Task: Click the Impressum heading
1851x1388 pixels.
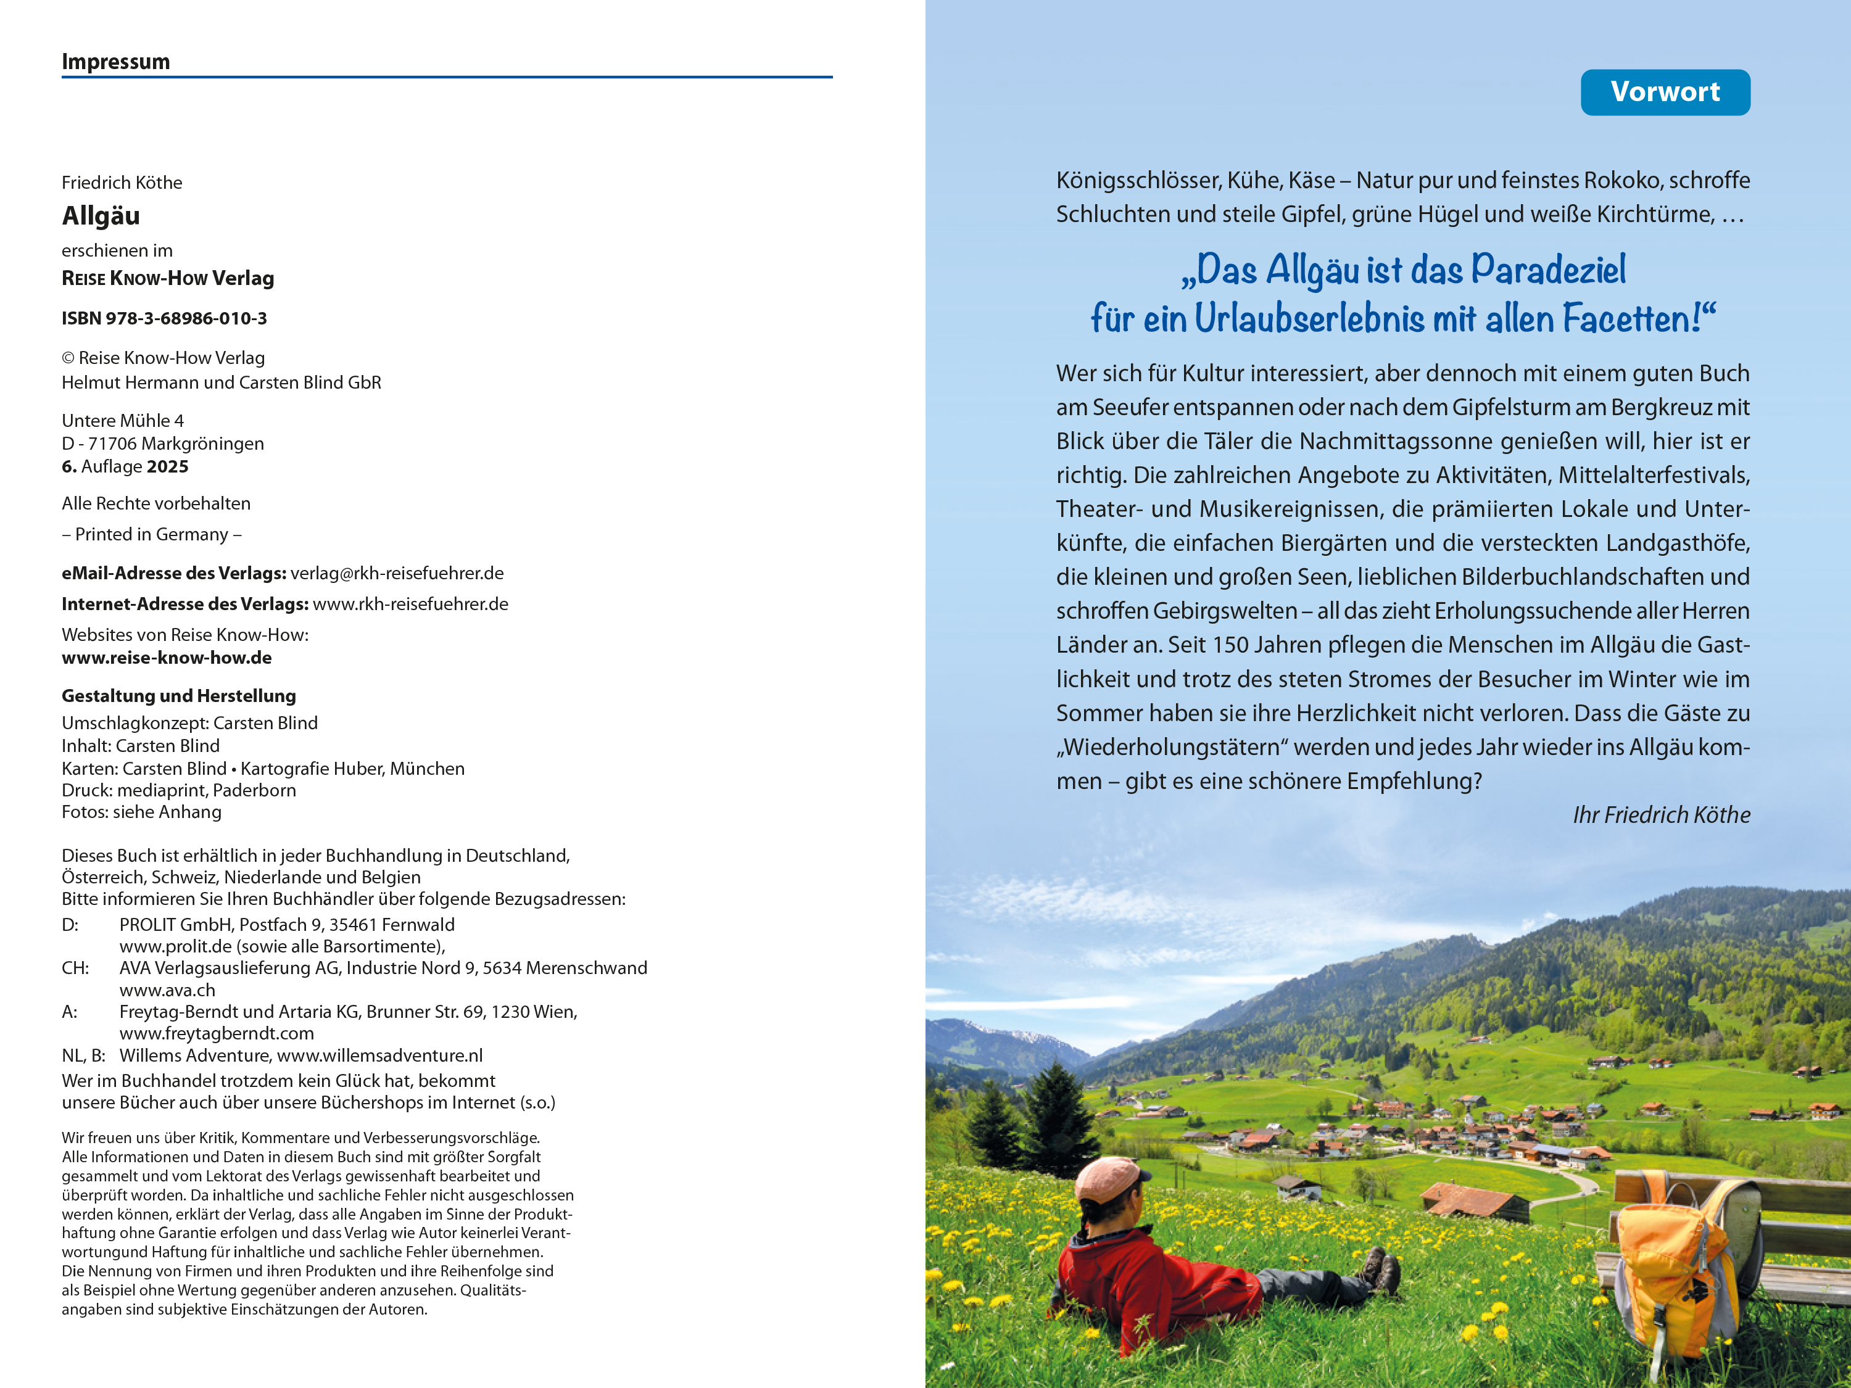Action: [x=115, y=62]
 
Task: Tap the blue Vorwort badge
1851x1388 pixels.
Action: [x=1665, y=92]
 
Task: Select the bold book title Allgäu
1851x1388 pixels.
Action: [x=101, y=216]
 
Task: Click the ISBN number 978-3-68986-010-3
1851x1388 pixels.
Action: [x=186, y=319]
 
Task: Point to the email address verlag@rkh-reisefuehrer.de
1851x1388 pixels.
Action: [x=397, y=574]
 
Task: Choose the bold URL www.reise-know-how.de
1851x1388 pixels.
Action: [x=167, y=658]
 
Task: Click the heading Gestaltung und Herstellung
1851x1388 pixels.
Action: [x=178, y=696]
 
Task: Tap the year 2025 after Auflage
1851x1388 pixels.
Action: [x=167, y=467]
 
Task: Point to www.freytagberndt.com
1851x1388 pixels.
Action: [x=217, y=1034]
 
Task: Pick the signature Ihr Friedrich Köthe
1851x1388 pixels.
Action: [x=1661, y=815]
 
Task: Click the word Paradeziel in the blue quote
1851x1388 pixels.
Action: [x=1548, y=270]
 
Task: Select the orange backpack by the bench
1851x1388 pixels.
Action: [x=1665, y=1263]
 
